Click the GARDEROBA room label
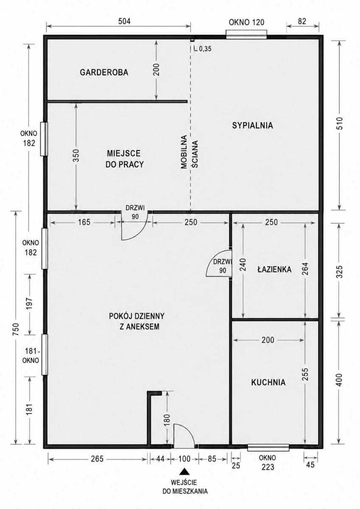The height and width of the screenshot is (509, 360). (x=104, y=73)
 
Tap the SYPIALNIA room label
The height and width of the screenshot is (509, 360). (x=253, y=126)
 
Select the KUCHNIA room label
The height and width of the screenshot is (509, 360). (x=268, y=382)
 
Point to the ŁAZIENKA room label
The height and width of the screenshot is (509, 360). (x=274, y=269)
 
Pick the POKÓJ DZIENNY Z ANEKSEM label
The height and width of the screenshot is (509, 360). (x=137, y=322)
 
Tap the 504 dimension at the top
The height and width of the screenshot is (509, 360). (x=125, y=21)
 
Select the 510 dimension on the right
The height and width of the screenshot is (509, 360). (x=339, y=123)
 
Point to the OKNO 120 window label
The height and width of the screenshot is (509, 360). (x=247, y=22)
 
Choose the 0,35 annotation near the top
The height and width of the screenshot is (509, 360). (x=205, y=49)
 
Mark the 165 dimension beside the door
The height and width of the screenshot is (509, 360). (x=84, y=222)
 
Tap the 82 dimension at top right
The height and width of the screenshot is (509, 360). (x=302, y=21)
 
